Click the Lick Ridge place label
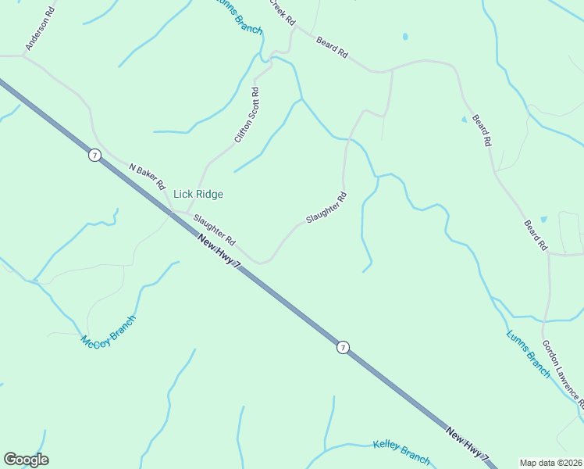click(198, 194)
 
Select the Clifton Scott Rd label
click(247, 115)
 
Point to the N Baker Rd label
click(148, 176)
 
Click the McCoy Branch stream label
click(109, 331)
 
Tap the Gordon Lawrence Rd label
click(564, 371)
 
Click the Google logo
click(26, 460)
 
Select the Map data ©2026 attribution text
click(551, 463)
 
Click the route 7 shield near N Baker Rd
click(94, 156)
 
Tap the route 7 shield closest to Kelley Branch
click(343, 347)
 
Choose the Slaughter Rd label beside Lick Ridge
click(215, 228)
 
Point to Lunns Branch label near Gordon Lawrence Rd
click(529, 354)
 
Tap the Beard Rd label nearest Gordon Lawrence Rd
click(536, 234)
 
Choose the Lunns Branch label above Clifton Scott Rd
click(239, 16)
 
